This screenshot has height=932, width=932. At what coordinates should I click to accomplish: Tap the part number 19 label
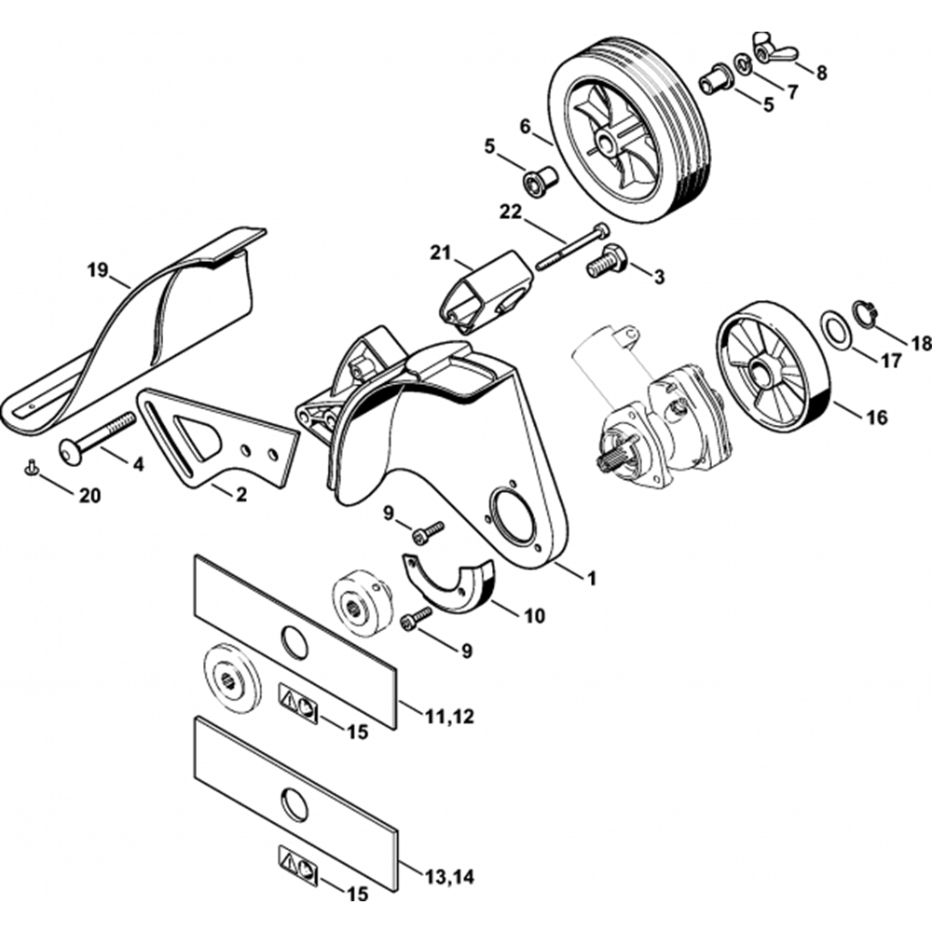click(x=98, y=272)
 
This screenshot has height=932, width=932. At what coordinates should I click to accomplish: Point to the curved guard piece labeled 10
click(x=453, y=586)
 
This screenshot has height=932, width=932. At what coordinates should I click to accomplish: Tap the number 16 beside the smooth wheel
click(x=876, y=418)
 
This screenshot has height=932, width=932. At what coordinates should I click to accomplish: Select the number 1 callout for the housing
click(x=589, y=578)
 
